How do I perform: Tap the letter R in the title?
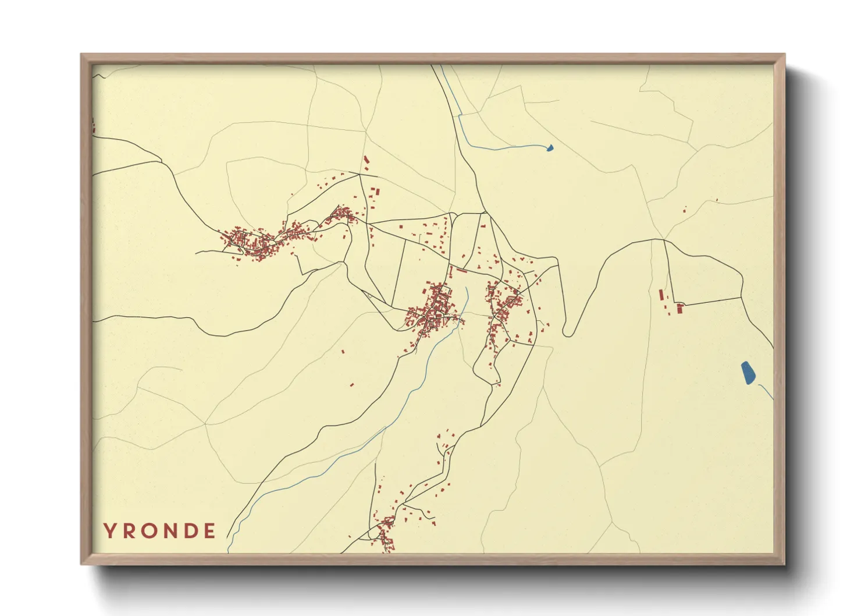[x=129, y=531]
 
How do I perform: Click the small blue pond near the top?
[x=550, y=148]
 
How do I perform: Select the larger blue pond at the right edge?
[x=748, y=373]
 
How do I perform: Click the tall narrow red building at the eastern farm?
[x=660, y=295]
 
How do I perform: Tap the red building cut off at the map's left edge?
[x=93, y=125]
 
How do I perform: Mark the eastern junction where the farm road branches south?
[x=664, y=239]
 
